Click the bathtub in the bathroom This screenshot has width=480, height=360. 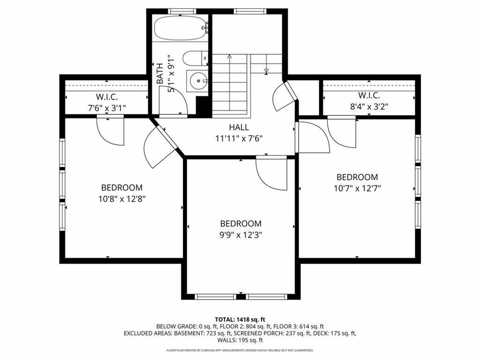coord(181,28)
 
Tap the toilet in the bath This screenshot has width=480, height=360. coord(195,58)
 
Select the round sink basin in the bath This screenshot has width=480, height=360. coord(198,81)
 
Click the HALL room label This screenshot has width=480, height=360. coord(239,127)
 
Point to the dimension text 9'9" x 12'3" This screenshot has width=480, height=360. coord(240,235)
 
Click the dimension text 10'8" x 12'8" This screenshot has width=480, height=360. coord(122,199)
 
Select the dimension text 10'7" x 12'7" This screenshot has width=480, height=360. coord(357,188)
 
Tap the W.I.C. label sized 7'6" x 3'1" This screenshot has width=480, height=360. coord(107,97)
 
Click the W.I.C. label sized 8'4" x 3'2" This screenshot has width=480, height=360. coord(369,95)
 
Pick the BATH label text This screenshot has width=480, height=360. coord(160,74)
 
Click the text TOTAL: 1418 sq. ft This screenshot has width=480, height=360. coord(240,320)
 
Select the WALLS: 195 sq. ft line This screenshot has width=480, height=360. coord(240,340)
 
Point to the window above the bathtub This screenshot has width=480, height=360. coord(182,11)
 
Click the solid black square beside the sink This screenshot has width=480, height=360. coord(202,106)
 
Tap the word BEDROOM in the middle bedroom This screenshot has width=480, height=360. coord(240,224)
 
